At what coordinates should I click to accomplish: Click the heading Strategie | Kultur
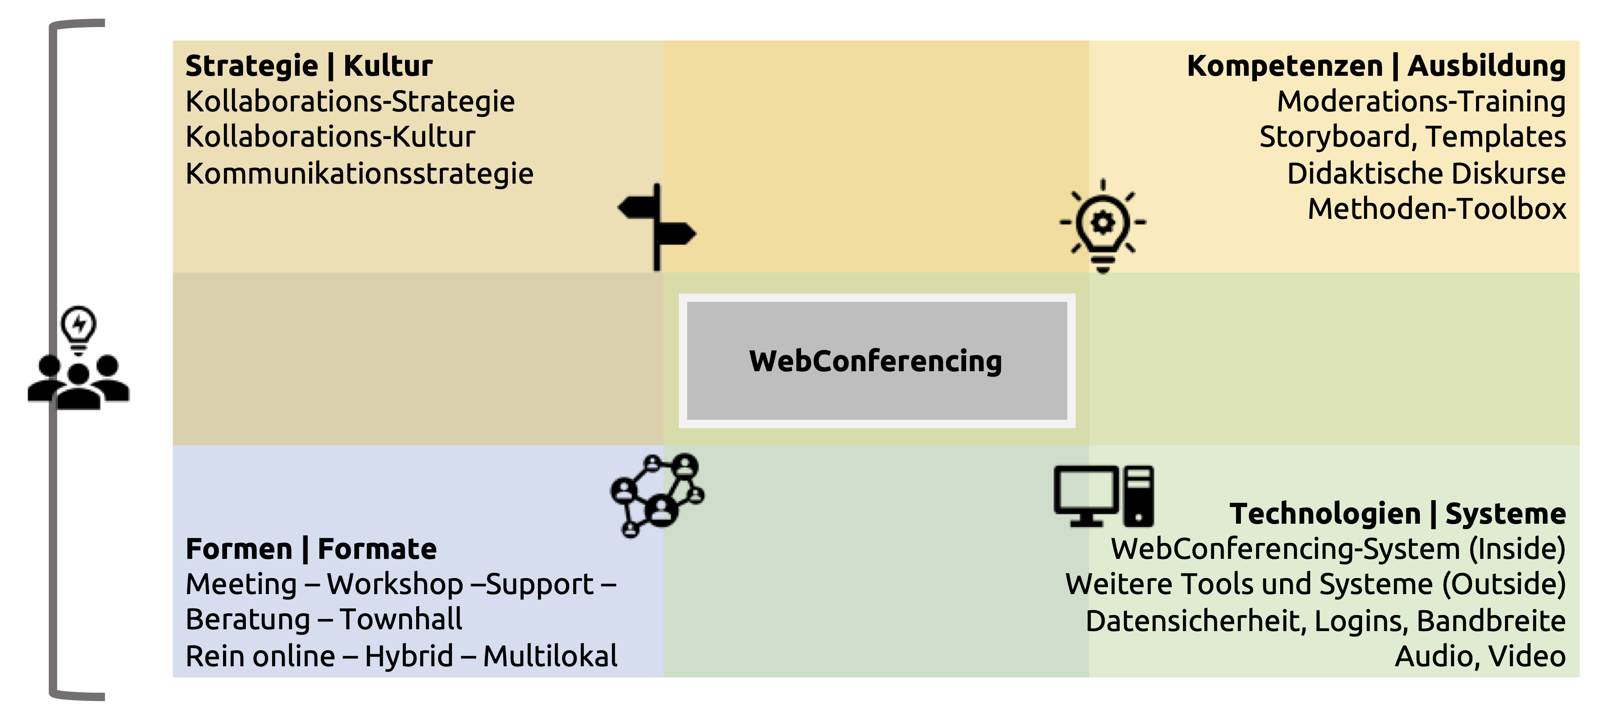pyautogui.click(x=309, y=66)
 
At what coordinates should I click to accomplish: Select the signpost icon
pyautogui.click(x=657, y=226)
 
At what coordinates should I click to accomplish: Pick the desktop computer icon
pyautogui.click(x=1104, y=496)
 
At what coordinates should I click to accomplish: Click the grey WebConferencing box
pyautogui.click(x=876, y=361)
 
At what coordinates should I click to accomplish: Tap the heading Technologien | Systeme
pyautogui.click(x=1397, y=513)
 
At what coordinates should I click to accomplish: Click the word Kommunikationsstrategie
pyautogui.click(x=360, y=173)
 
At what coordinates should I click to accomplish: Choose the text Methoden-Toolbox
pyautogui.click(x=1437, y=209)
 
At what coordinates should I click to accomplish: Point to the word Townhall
pyautogui.click(x=401, y=619)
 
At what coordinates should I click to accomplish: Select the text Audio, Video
pyautogui.click(x=1480, y=656)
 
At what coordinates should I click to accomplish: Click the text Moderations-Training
pyautogui.click(x=1421, y=101)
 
